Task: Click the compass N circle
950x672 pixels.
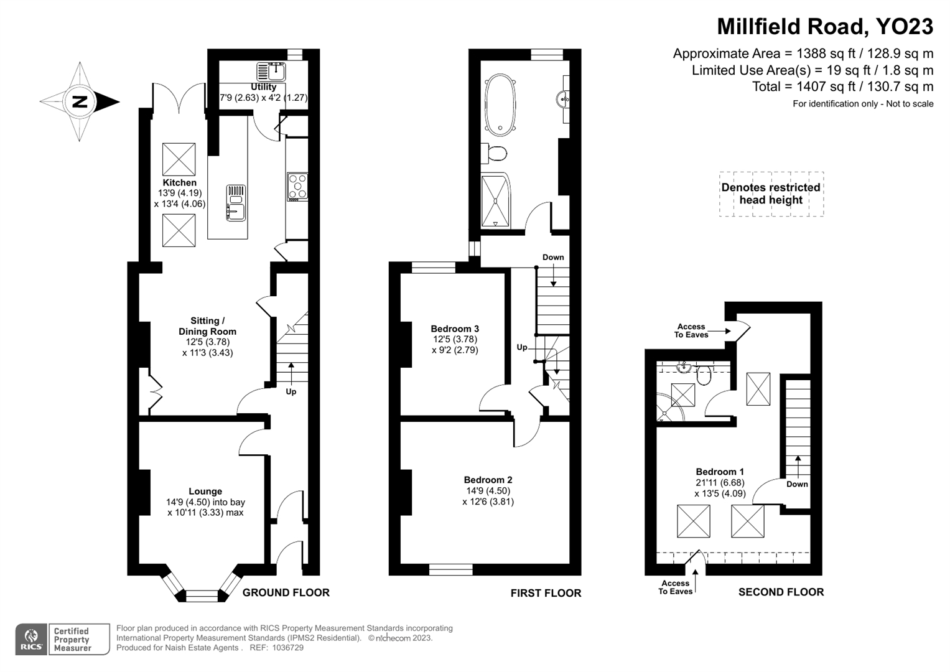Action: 79,102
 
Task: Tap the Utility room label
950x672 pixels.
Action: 263,87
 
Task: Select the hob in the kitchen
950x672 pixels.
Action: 297,186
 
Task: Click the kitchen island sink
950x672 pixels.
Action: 236,203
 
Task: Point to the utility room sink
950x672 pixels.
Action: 271,72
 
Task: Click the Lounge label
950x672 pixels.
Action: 205,492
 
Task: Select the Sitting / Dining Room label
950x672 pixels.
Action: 207,326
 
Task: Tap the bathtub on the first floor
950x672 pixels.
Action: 501,105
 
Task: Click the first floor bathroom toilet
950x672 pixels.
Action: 494,152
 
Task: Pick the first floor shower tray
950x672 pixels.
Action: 496,201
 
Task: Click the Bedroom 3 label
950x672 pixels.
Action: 455,329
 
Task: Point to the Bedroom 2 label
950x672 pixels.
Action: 488,480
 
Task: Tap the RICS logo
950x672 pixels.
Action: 31,639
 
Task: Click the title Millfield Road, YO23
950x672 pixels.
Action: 825,27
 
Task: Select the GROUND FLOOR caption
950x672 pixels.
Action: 286,592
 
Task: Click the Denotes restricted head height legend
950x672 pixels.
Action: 771,194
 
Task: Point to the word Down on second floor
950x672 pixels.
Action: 798,484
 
